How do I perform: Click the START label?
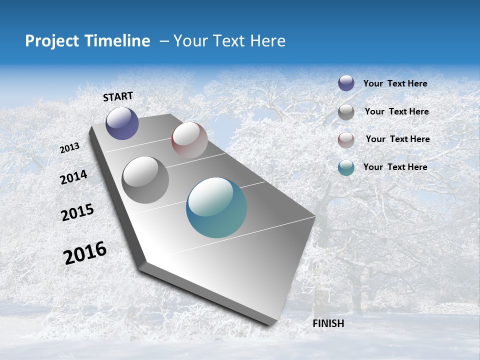pyautogui.click(x=118, y=96)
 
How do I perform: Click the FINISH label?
pyautogui.click(x=328, y=323)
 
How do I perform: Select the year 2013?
pyautogui.click(x=70, y=148)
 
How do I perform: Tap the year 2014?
pyautogui.click(x=73, y=177)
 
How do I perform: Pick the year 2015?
pyautogui.click(x=77, y=212)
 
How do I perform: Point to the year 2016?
pyautogui.click(x=85, y=253)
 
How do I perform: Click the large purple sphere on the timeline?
pyautogui.click(x=122, y=123)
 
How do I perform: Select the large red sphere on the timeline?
pyautogui.click(x=189, y=140)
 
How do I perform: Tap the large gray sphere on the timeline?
pyautogui.click(x=145, y=180)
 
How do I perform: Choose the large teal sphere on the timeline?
pyautogui.click(x=216, y=207)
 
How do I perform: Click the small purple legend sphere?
pyautogui.click(x=346, y=83)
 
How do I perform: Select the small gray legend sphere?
pyautogui.click(x=346, y=112)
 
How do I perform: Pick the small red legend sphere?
pyautogui.click(x=346, y=140)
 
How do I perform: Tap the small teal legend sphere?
pyautogui.click(x=346, y=167)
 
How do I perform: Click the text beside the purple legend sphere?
pyautogui.click(x=395, y=84)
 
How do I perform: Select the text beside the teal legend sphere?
pyautogui.click(x=395, y=167)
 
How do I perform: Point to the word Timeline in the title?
pyautogui.click(x=120, y=41)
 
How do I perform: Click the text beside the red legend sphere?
pyautogui.click(x=397, y=139)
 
